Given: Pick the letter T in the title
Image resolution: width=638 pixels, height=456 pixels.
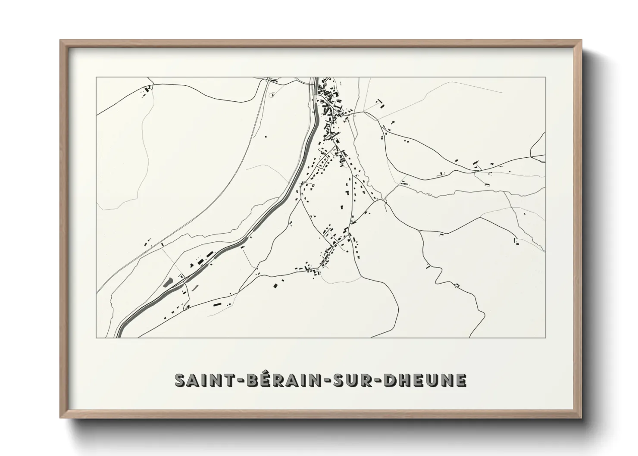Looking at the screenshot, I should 231,381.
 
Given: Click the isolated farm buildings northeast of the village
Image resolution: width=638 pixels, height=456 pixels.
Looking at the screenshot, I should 380,103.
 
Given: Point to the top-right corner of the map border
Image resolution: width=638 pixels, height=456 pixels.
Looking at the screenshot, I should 545,78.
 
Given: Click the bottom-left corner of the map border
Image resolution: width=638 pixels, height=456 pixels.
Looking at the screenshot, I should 97,337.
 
